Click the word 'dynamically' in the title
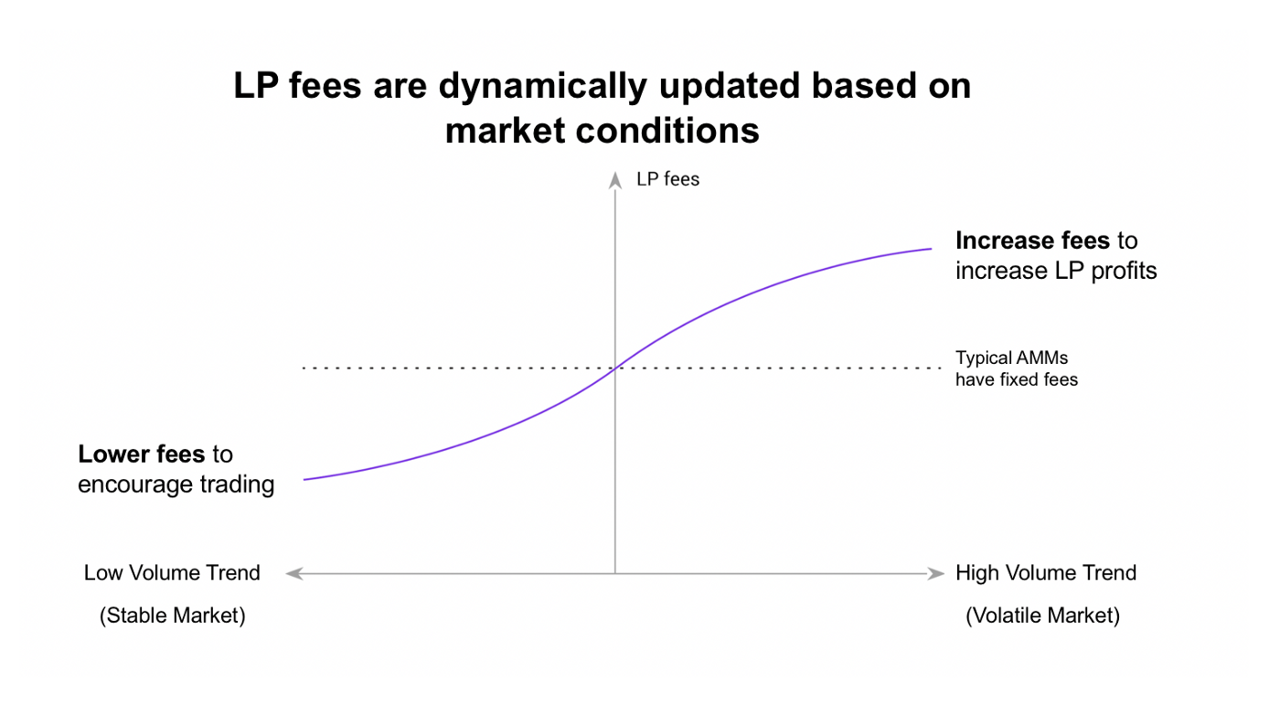point(542,87)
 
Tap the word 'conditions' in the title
point(667,131)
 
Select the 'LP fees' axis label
point(667,179)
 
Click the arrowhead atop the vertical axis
point(614,180)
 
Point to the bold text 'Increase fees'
point(1032,240)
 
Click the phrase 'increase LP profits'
point(1056,271)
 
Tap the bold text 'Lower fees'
point(141,454)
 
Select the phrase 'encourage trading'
point(176,485)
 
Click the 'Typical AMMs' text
point(1011,358)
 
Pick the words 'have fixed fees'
point(1017,379)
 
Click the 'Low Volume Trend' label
point(172,572)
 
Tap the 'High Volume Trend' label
point(1046,572)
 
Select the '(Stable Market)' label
point(172,615)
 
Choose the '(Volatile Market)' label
point(1042,615)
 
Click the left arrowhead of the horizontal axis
point(293,573)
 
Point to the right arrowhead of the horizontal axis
point(935,573)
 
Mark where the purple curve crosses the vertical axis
point(614,368)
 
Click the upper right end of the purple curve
point(932,249)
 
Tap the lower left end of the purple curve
point(304,480)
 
